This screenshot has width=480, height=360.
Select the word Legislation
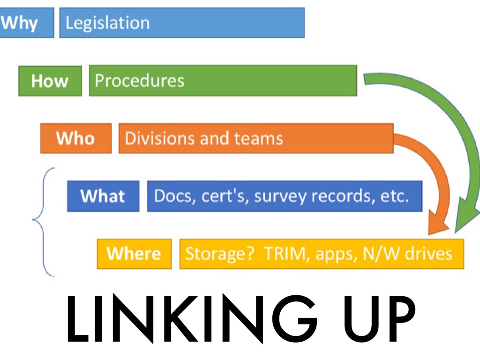[107, 23]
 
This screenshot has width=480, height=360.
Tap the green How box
[50, 81]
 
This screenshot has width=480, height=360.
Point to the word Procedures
[139, 81]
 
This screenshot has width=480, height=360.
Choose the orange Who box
[75, 138]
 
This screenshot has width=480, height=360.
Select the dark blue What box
[103, 196]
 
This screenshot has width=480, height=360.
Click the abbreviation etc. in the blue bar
[395, 196]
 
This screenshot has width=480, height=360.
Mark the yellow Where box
[134, 254]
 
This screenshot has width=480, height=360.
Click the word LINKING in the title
[176, 317]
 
